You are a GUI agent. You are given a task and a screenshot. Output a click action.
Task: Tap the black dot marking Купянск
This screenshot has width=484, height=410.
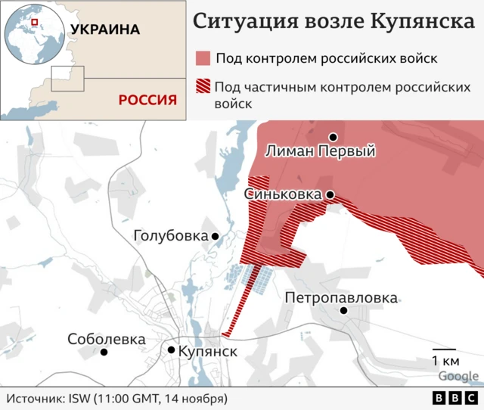172,349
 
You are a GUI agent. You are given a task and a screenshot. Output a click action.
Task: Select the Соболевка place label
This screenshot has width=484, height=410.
106,339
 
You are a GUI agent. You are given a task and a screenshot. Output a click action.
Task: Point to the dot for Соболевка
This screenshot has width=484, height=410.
104,352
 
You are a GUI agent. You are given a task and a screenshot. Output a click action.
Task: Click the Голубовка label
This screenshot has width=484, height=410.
170,236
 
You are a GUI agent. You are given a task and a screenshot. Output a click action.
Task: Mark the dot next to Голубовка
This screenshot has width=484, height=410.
215,237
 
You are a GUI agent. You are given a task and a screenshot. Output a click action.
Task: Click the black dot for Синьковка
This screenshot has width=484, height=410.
330,194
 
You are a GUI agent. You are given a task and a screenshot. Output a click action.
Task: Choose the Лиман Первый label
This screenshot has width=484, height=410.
321,151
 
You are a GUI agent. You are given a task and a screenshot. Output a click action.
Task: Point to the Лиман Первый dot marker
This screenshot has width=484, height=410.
332,137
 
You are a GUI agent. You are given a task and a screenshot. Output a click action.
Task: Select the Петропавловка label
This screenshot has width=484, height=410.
340,297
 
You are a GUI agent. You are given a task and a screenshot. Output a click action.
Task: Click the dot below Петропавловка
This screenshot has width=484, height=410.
344,310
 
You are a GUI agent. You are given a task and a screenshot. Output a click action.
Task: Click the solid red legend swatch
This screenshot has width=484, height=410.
203,59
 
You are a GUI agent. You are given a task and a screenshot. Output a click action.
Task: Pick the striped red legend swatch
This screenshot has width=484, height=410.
203,85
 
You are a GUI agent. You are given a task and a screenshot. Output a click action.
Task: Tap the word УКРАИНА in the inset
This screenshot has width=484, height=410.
105,30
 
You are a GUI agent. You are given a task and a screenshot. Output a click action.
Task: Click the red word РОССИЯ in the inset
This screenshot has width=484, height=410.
147,100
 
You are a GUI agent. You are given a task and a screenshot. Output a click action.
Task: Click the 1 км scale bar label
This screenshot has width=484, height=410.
444,359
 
